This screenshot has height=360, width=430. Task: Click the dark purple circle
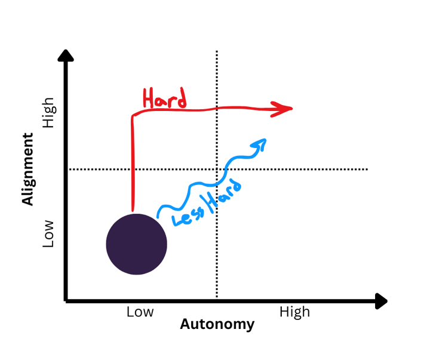pos(136,244)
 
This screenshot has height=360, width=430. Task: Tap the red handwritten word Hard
pos(164,99)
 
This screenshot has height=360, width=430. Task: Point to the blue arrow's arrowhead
pos(260,143)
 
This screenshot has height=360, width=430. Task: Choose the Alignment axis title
pos(27,170)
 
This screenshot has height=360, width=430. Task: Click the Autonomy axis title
pos(217,325)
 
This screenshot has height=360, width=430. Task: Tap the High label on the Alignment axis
pos(48,113)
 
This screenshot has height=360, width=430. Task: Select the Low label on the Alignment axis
pos(48,233)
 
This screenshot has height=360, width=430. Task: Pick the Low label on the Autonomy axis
pos(140,312)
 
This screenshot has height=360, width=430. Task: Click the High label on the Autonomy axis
pos(294,312)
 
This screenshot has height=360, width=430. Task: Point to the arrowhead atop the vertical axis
pos(66,56)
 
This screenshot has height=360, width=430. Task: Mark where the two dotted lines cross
pos(216,170)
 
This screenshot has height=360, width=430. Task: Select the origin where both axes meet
pos(66,300)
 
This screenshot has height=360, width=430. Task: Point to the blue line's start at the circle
pos(158,216)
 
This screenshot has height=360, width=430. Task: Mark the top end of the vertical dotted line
pos(216,53)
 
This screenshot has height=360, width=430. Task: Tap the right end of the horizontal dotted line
pos(367,170)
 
